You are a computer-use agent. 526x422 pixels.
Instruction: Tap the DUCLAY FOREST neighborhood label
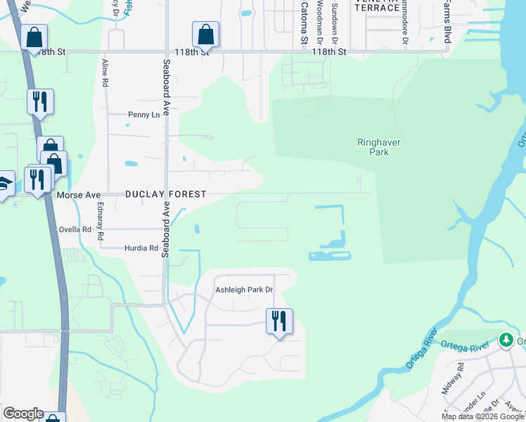(166, 194)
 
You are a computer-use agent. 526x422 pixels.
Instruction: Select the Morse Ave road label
(77, 194)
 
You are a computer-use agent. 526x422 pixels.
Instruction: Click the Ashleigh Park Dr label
(243, 290)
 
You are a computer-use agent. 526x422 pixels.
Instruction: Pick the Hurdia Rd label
(141, 248)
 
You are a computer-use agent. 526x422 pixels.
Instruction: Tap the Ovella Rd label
(75, 229)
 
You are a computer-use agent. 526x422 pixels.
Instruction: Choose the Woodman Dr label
(320, 21)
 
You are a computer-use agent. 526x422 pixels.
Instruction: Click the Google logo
(23, 414)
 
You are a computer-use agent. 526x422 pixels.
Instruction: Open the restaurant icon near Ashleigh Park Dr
(279, 321)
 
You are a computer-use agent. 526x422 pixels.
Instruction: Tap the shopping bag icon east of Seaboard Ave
(205, 34)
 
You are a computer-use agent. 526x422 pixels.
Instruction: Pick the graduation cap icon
(5, 184)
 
